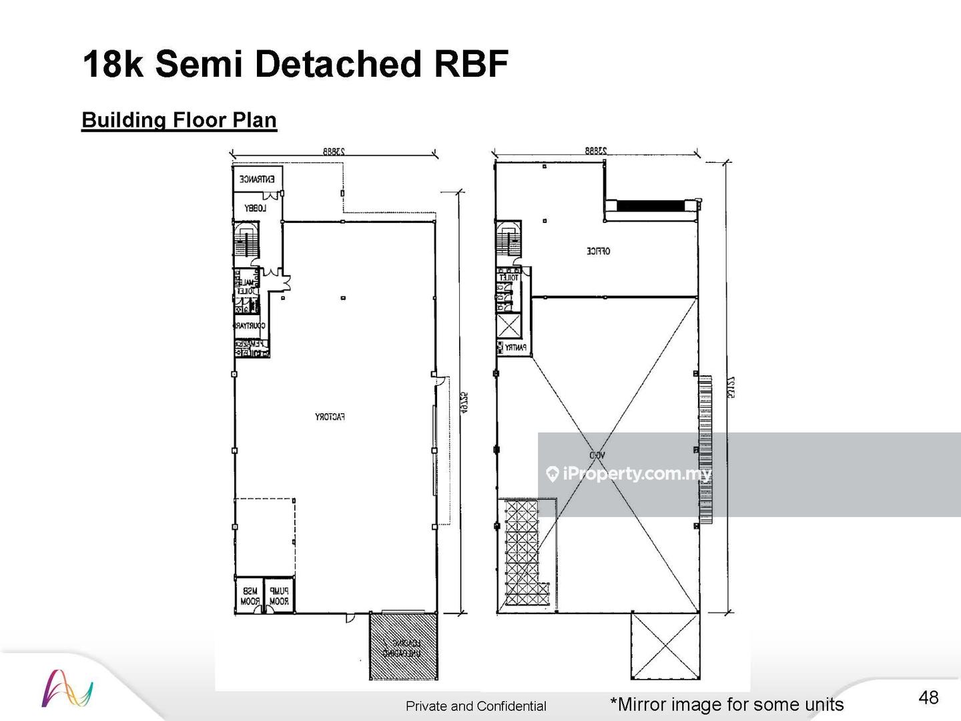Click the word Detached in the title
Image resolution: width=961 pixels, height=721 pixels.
coord(338,65)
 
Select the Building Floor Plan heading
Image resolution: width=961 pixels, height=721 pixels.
coord(179,120)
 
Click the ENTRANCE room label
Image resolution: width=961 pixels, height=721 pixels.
coord(257,179)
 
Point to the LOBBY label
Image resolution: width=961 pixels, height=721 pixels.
coord(255,208)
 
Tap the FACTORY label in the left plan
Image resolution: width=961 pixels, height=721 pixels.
coord(330,417)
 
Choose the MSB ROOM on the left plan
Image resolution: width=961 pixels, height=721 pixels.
coord(250,596)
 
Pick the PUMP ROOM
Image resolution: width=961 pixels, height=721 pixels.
coord(279,596)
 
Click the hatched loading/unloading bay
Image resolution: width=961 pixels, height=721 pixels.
coord(404,647)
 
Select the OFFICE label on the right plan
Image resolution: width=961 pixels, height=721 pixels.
coord(598,251)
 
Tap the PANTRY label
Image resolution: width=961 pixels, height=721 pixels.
coord(515,348)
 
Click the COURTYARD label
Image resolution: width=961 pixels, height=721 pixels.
coord(250,326)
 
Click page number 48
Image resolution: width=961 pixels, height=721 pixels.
coord(928,698)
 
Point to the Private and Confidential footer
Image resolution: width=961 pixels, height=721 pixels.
coord(476,706)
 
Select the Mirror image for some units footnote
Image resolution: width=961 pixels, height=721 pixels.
coord(727,704)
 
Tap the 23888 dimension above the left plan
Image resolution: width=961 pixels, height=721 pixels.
coord(332,152)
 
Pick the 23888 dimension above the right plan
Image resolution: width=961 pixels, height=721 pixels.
coord(596,152)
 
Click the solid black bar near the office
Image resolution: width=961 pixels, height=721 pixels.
coord(649,206)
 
